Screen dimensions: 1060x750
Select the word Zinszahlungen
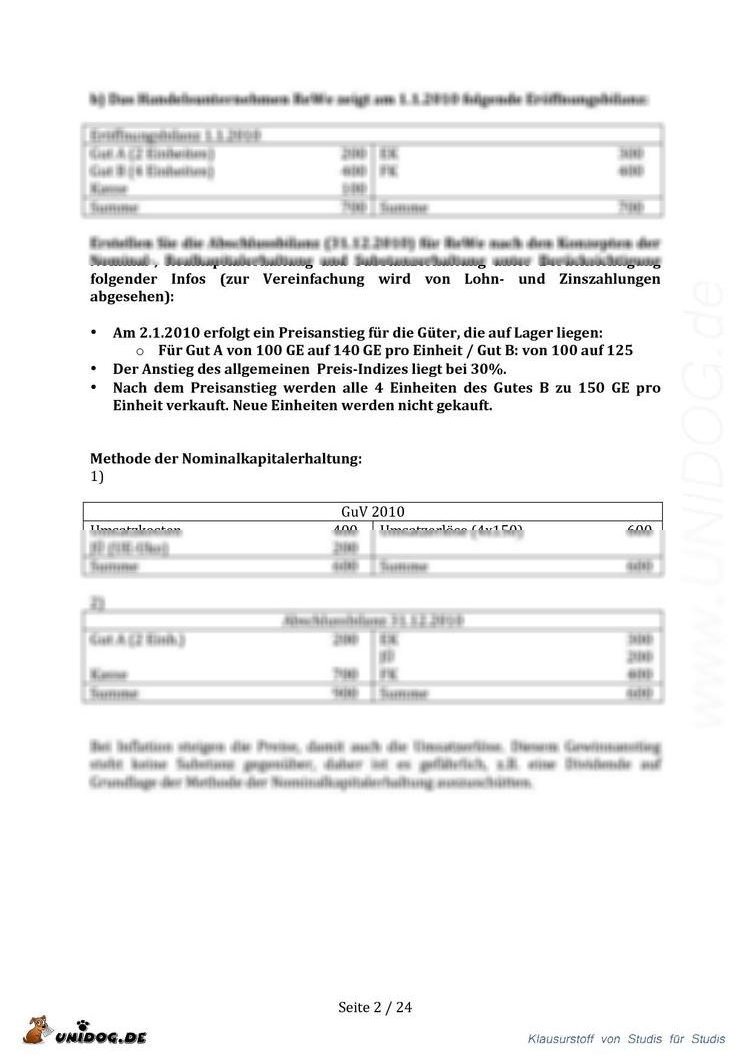[609, 279]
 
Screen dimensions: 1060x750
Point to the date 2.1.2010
[168, 332]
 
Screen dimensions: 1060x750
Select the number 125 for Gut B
[619, 350]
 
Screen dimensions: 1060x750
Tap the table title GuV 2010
[372, 512]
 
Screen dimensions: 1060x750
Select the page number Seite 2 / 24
[375, 1007]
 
